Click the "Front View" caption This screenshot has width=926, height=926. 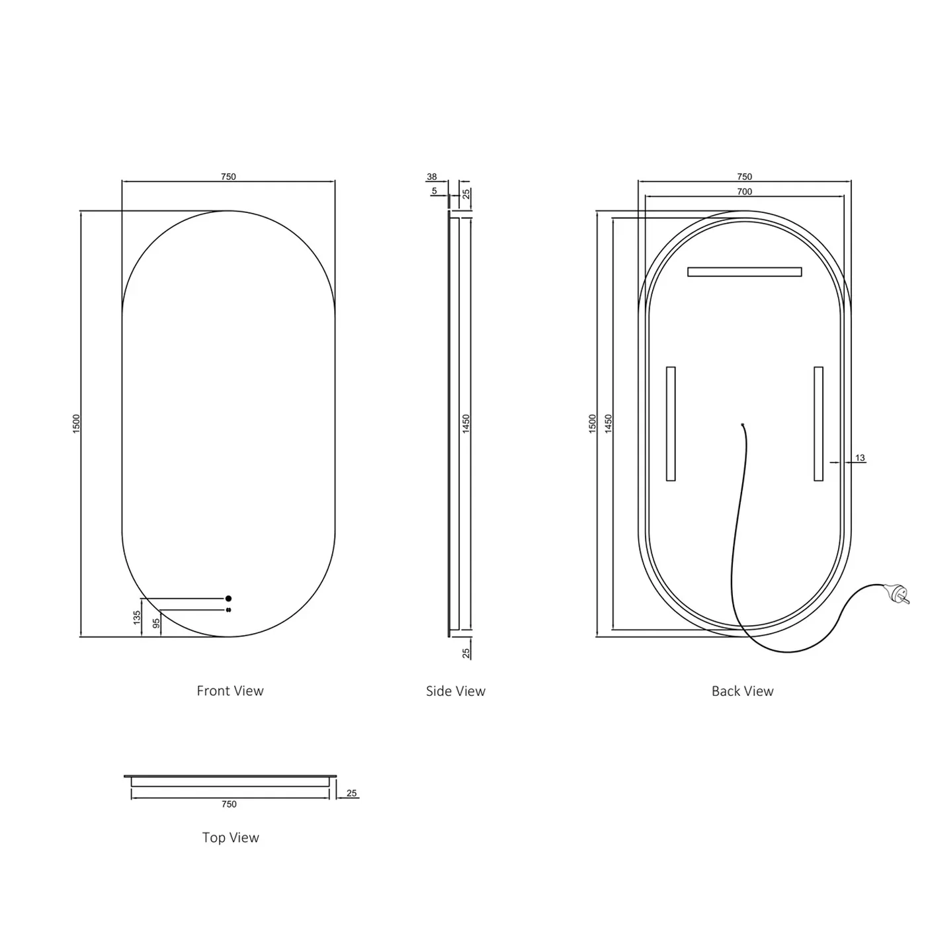click(230, 691)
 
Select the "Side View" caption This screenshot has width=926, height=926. click(455, 691)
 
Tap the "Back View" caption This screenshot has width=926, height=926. click(742, 691)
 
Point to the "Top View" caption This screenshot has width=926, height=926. click(230, 837)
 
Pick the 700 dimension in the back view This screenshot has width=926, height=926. click(744, 192)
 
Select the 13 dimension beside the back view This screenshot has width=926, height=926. click(860, 458)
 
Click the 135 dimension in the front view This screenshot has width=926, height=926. click(137, 618)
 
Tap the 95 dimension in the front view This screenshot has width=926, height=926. click(156, 624)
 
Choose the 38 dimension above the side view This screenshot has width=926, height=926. click(432, 177)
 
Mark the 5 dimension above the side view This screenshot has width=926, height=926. click(435, 191)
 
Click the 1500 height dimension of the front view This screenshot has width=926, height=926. click(76, 423)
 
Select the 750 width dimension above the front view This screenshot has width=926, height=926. click(228, 177)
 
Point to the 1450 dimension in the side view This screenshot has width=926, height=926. click(466, 423)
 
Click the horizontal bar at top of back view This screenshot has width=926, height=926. click(744, 272)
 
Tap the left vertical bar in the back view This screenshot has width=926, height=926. click(671, 423)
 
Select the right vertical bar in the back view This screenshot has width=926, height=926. click(818, 423)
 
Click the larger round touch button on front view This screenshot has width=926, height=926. click(228, 599)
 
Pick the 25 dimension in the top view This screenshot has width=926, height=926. click(351, 793)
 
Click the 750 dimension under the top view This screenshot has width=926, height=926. click(229, 804)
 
